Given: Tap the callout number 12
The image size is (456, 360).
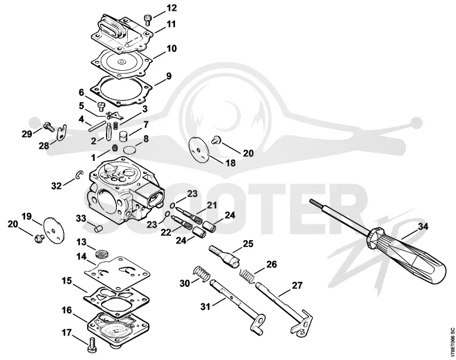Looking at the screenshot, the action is click(172, 8).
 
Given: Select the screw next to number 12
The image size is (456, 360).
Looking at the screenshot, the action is click(148, 20).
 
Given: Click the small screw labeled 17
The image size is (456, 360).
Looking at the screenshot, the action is click(92, 343).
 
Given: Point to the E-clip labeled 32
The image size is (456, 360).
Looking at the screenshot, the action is click(79, 175).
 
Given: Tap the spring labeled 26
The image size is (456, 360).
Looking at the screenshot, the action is click(248, 276).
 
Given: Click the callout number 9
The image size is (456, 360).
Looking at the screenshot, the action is click(169, 76).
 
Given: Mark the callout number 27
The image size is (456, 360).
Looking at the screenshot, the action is click(297, 285).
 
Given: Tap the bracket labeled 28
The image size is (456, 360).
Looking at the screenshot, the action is click(62, 133).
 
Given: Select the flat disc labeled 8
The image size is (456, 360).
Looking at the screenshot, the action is click(130, 151).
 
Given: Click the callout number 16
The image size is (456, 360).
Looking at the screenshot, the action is click(67, 310).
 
